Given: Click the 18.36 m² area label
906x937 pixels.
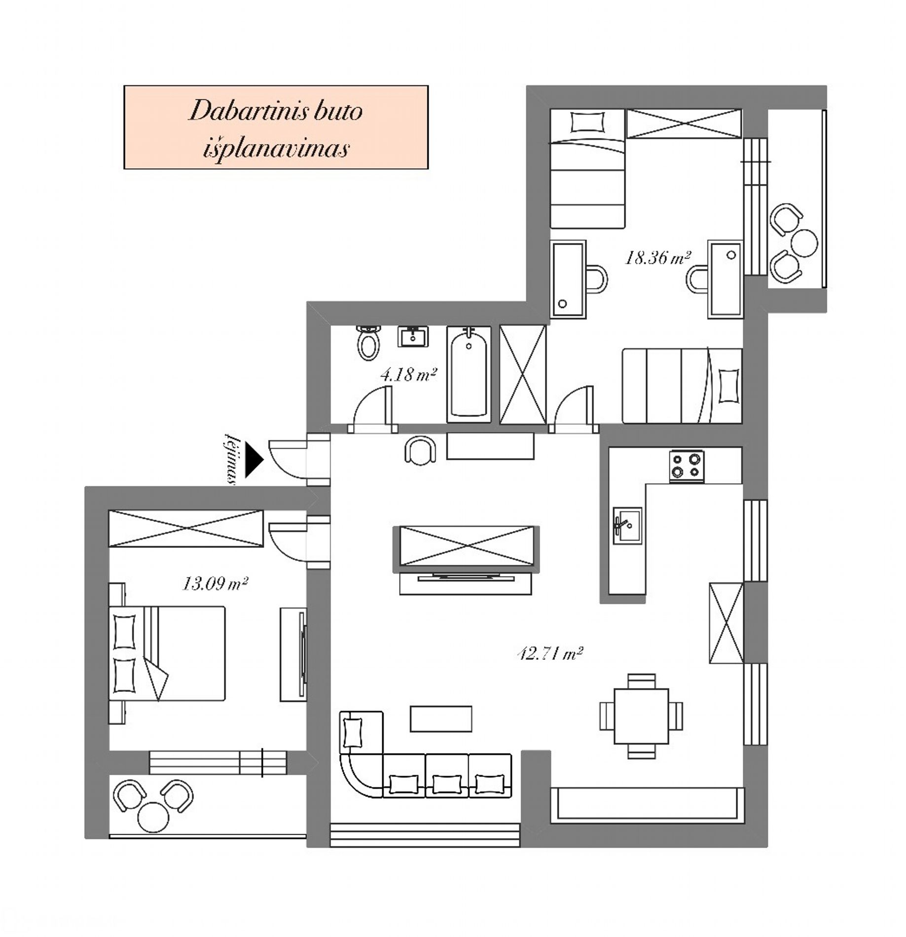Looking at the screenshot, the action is click(x=657, y=258).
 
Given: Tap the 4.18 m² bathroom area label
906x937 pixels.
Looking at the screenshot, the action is click(x=408, y=375).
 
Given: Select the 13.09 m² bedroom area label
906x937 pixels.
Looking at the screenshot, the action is click(x=215, y=584).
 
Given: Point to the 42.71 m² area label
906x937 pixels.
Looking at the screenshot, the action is click(x=550, y=654).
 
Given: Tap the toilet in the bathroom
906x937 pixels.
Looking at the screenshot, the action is click(x=368, y=342).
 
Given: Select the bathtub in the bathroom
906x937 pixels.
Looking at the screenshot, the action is click(x=469, y=375).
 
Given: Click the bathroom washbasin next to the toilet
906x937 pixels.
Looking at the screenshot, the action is click(x=413, y=336).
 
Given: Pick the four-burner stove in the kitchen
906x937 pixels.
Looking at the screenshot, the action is click(x=686, y=466).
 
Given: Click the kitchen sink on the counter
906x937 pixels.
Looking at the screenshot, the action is click(x=627, y=525).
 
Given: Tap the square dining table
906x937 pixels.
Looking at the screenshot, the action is click(x=641, y=716).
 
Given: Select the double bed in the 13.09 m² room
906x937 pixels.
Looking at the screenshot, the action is click(x=166, y=653).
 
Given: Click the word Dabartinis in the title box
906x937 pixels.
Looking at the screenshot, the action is click(x=239, y=110).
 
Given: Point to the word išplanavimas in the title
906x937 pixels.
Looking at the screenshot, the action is click(x=276, y=148).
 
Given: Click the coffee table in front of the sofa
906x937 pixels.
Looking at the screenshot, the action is click(x=441, y=719).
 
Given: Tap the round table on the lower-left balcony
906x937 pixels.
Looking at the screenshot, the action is click(x=154, y=817).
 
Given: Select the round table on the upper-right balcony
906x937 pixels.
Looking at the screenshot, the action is click(x=803, y=243).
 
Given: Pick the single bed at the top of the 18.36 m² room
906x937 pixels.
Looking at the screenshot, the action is click(x=588, y=169).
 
